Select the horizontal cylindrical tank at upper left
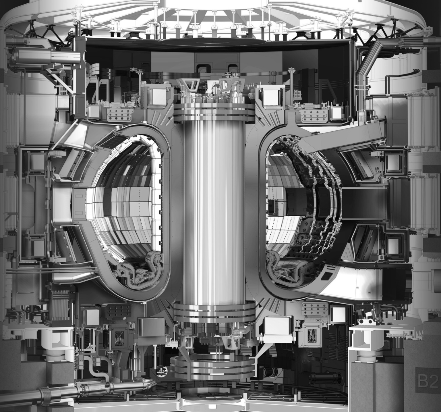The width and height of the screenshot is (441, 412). click(46, 56)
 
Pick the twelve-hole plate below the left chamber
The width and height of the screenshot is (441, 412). click(118, 312)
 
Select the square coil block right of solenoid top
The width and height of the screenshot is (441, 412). click(271, 96)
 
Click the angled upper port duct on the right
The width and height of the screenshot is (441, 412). click(345, 135)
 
